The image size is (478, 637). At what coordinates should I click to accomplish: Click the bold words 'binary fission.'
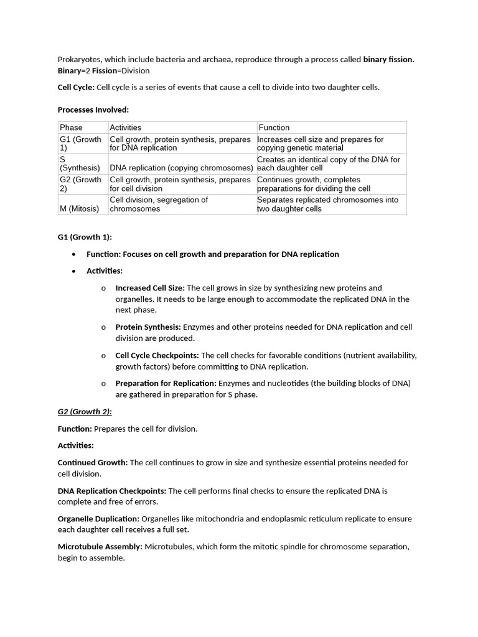[388, 60]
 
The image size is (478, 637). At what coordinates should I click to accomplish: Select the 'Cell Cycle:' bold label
[76, 87]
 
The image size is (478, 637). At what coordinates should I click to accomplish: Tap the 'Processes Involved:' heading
[93, 109]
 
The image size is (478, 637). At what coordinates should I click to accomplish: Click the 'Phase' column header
[71, 128]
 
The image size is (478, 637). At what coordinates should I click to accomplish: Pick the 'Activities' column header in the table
[126, 128]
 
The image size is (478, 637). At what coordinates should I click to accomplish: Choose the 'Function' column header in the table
[274, 128]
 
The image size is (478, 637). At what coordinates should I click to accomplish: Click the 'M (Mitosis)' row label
[79, 209]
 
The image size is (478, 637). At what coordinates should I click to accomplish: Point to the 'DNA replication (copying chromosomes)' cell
[182, 168]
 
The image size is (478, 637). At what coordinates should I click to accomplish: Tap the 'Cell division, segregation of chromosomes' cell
[159, 204]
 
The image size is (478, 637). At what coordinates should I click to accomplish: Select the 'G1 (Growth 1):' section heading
[85, 237]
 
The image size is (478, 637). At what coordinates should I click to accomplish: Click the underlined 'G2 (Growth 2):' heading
[85, 412]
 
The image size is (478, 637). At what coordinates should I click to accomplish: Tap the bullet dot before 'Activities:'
[74, 271]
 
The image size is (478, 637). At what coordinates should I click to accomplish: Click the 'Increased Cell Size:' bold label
[150, 288]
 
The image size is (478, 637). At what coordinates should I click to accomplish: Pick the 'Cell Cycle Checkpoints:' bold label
[157, 355]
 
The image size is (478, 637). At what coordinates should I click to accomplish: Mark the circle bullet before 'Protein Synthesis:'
[103, 327]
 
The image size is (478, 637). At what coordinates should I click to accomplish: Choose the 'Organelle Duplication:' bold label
[98, 519]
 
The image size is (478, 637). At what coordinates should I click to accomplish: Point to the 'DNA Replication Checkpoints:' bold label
[112, 491]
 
